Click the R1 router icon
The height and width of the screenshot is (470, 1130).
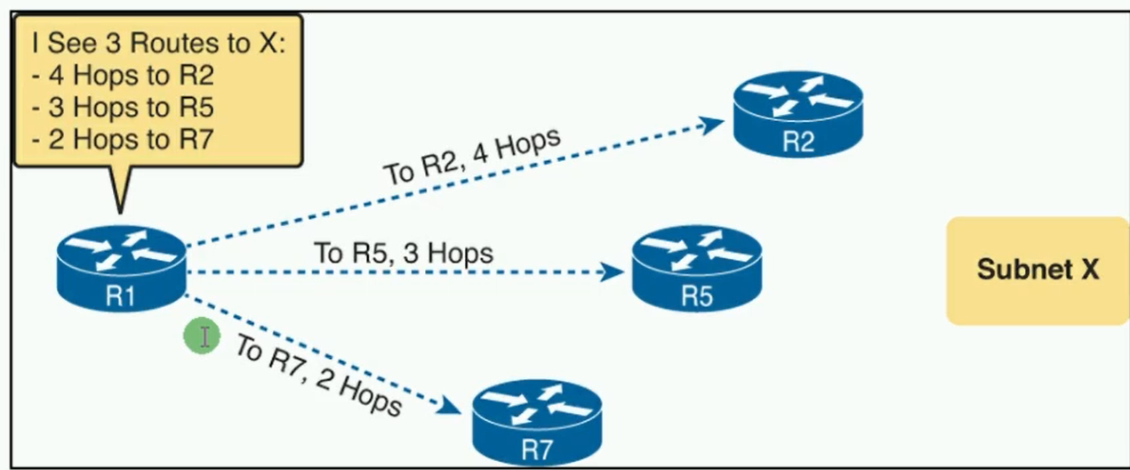121,267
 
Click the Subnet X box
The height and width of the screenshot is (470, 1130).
1037,270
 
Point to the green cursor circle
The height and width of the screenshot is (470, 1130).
202,336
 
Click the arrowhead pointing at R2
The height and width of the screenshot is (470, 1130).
715,123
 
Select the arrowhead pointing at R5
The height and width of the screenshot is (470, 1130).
613,271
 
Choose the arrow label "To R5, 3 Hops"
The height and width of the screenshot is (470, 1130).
403,253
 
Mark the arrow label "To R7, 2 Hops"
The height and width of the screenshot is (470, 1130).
317,375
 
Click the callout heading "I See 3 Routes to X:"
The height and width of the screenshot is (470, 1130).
156,43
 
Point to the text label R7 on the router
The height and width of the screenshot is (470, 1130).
537,450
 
